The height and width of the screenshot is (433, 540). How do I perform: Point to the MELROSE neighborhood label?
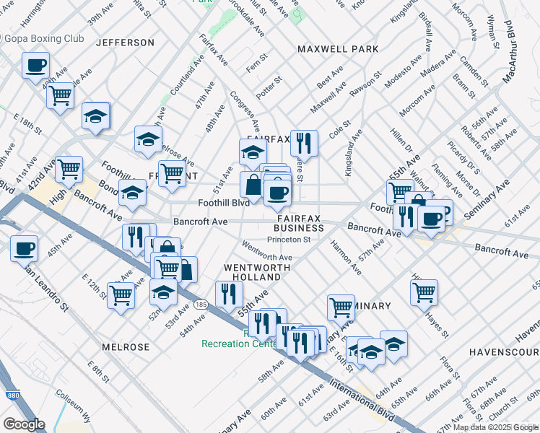point(126,347)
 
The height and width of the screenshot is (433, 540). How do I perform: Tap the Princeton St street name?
point(288,240)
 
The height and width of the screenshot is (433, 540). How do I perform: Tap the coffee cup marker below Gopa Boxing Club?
point(35,66)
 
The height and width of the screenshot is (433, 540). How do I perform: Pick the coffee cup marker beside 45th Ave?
point(24,248)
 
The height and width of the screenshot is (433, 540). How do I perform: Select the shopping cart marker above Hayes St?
point(424,292)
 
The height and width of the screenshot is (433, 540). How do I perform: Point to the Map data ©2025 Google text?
point(495,427)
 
